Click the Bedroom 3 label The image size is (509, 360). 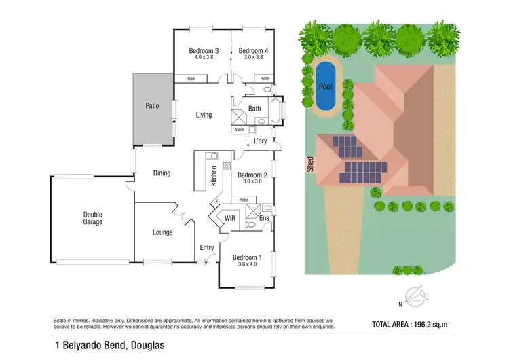point(203,50)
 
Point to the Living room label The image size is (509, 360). point(204,115)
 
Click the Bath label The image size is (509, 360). point(254,109)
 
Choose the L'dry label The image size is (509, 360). point(260,141)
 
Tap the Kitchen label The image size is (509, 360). point(214,176)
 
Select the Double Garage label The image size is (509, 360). point(92,218)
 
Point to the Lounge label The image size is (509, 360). point(162,232)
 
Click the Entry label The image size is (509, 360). point(207,247)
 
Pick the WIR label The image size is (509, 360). point(229,219)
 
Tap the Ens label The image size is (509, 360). point(263,218)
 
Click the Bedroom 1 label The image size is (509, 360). point(246,257)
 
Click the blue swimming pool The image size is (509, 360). point(326,86)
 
